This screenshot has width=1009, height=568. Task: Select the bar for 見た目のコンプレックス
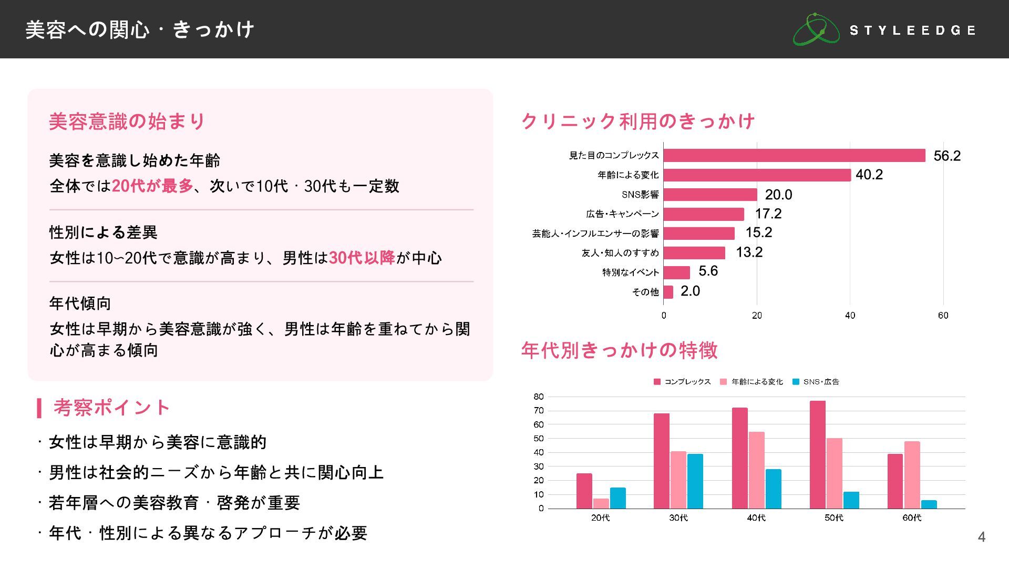coord(794,155)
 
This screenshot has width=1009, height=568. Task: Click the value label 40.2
coord(869,175)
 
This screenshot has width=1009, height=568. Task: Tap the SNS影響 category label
coord(640,195)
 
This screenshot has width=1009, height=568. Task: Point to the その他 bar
coord(668,292)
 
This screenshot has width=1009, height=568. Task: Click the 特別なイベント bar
coord(677,272)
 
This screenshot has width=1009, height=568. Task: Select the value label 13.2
coord(749,252)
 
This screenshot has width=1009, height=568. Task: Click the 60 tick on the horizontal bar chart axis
coord(943,316)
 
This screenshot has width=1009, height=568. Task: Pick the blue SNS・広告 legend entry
coord(816,382)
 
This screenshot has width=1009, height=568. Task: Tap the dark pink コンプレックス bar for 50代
coord(817,454)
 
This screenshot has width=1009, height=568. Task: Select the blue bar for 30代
coord(695,481)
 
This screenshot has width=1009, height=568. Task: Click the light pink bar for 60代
coord(912,474)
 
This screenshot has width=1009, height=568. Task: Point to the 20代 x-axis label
coord(601,518)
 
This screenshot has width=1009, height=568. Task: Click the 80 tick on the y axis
coord(539,397)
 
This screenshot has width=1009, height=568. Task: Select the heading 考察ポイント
coord(111,408)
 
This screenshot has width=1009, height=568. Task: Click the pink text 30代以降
coord(362,258)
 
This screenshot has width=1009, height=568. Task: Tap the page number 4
coord(981,537)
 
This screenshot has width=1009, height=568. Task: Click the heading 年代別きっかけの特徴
coord(619,350)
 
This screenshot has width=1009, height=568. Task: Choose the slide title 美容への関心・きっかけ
coord(140,29)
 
